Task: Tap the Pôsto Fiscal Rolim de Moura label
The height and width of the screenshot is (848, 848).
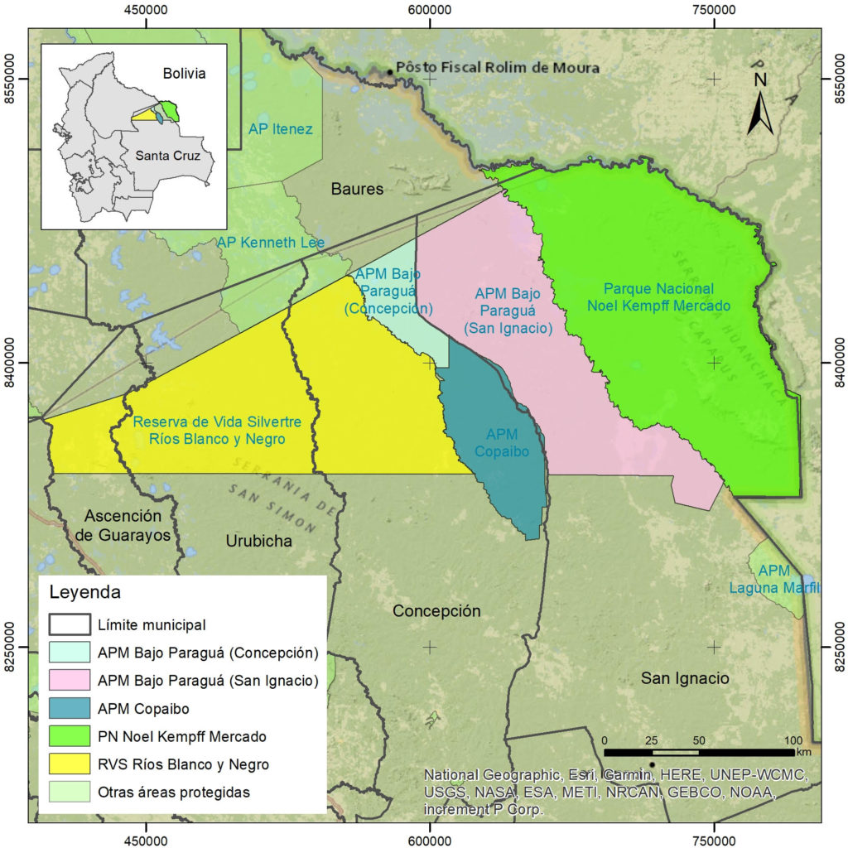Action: [497, 68]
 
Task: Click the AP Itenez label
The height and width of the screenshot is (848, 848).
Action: [281, 129]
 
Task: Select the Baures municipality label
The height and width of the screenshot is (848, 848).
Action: [358, 189]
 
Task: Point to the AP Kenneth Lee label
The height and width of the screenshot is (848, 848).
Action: [271, 243]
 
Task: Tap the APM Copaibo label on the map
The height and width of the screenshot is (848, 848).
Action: [502, 443]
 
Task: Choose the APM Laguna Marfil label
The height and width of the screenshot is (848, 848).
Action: [774, 580]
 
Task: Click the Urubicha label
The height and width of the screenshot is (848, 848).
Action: [258, 541]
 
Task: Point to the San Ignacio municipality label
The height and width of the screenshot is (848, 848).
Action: [685, 678]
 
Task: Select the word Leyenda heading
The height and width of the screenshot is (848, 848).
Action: [85, 593]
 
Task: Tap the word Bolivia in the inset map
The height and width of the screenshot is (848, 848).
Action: [184, 74]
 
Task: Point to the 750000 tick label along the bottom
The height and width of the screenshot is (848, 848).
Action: [713, 836]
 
